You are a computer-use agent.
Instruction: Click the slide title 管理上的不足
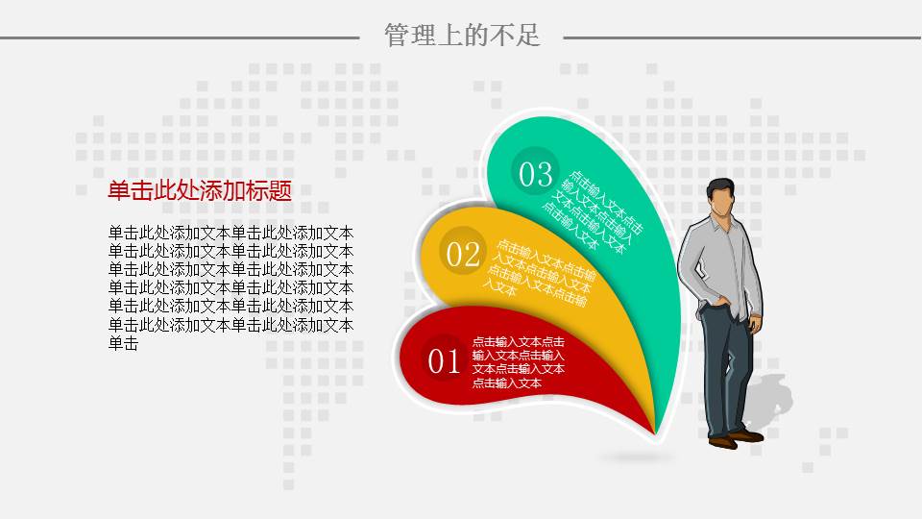coord(462,36)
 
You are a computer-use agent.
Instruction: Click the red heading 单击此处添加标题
coord(200,190)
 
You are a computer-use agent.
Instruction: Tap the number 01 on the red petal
coord(444,360)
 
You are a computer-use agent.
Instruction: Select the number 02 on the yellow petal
coord(463,254)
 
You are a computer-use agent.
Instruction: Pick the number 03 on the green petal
coord(536,174)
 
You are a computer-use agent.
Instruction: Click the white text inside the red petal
coord(518,362)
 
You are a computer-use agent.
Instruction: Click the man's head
coord(721,198)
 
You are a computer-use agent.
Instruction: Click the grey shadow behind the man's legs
coord(766,400)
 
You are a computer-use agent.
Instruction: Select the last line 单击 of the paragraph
coord(124,344)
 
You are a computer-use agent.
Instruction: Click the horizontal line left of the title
coord(180,37)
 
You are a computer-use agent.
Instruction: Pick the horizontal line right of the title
coord(742,37)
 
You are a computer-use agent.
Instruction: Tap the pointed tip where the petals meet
coord(656,433)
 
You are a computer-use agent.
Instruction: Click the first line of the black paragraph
coord(231,233)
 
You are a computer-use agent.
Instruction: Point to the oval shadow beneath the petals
coord(637,457)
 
